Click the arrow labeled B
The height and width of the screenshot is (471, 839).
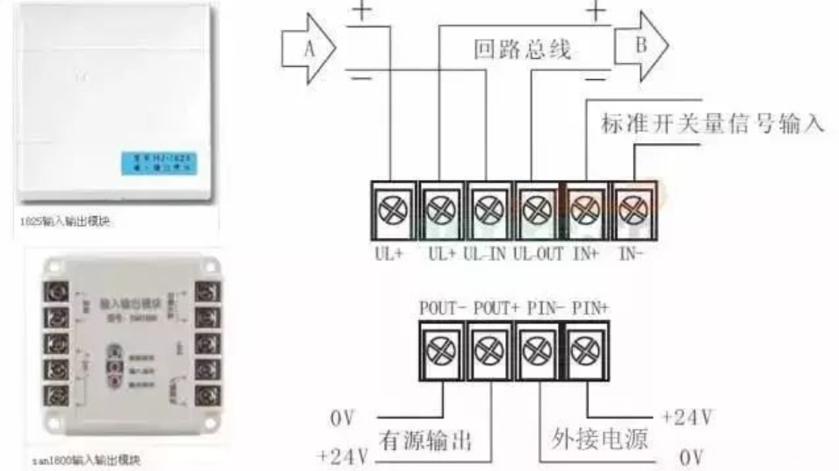click(640, 47)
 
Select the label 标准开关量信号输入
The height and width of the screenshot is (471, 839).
click(712, 124)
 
